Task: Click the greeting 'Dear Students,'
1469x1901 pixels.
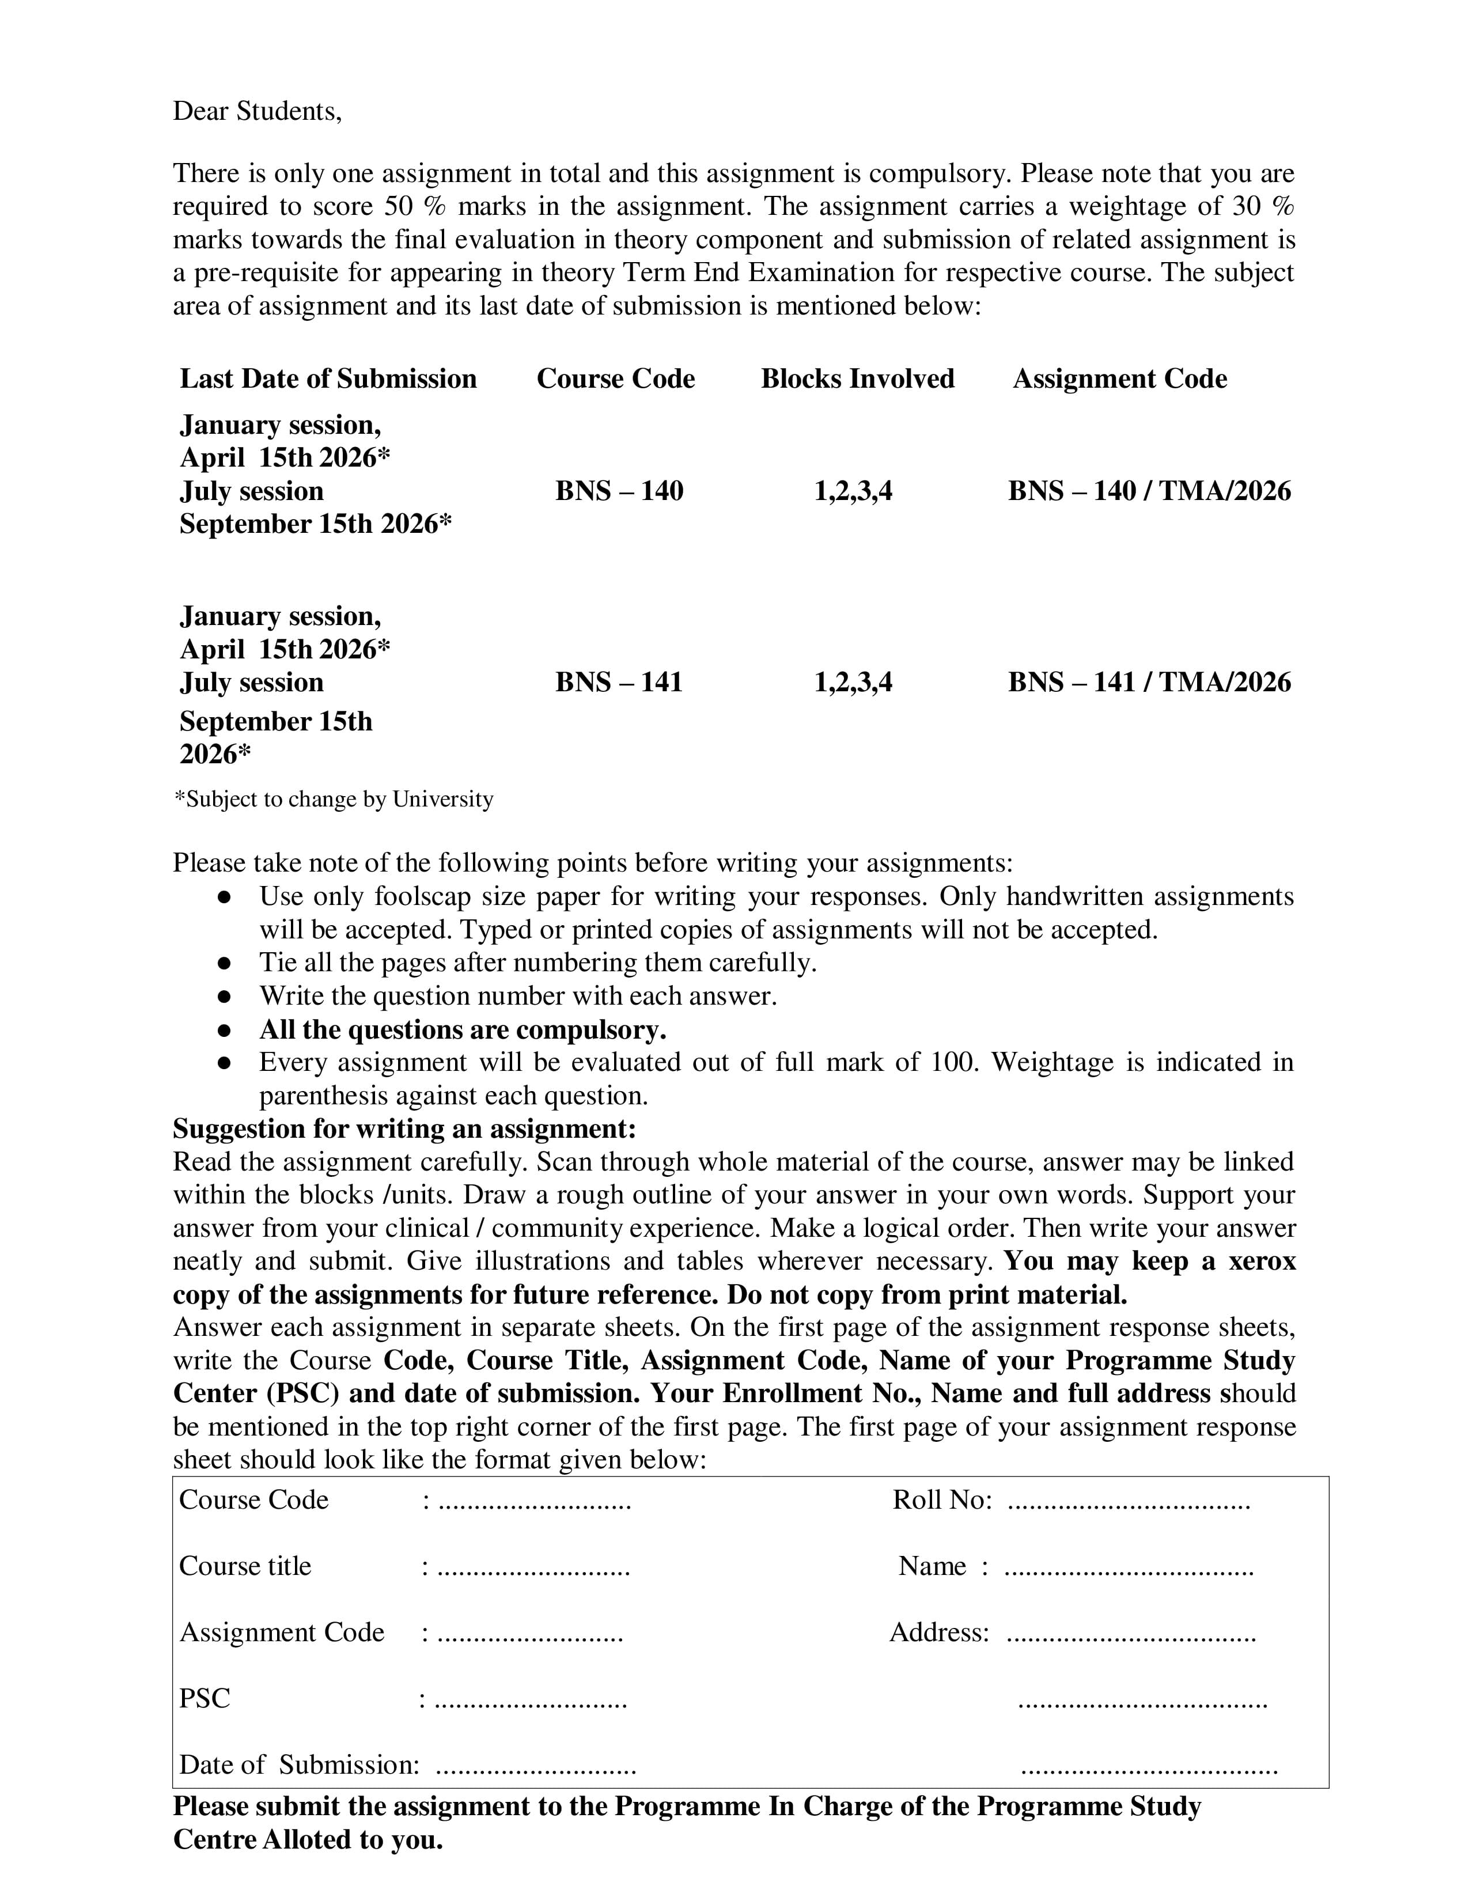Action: (257, 111)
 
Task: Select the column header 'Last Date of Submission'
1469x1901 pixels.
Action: (328, 378)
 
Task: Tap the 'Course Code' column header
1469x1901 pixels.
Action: (615, 378)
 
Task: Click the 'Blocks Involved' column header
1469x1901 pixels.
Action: (857, 378)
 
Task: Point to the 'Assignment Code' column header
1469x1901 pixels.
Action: (1119, 378)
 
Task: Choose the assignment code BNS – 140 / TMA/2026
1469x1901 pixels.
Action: (1149, 491)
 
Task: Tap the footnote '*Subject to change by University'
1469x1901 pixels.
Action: (334, 799)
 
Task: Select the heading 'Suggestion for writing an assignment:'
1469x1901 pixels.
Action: (404, 1129)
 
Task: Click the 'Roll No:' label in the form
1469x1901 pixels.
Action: (942, 1499)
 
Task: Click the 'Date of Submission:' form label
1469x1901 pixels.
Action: (298, 1764)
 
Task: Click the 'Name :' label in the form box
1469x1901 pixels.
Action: (942, 1566)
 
